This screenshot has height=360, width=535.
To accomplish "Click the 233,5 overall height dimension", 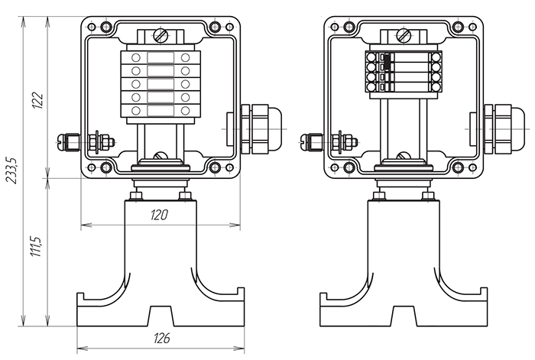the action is (12, 170).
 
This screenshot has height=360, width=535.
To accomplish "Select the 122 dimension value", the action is (37, 100).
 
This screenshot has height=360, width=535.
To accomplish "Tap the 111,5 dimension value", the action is (36, 246).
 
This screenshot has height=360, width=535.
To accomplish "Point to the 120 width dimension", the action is (159, 215).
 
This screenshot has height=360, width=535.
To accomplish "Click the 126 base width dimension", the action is (162, 338).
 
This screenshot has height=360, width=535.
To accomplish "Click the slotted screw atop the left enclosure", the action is (160, 35).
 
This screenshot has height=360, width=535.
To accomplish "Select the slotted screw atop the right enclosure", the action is (404, 35).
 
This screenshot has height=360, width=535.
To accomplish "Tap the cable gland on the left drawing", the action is (261, 129).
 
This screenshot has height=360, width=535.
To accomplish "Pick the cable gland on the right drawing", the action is (504, 129).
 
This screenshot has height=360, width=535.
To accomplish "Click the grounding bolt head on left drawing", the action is (60, 141).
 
